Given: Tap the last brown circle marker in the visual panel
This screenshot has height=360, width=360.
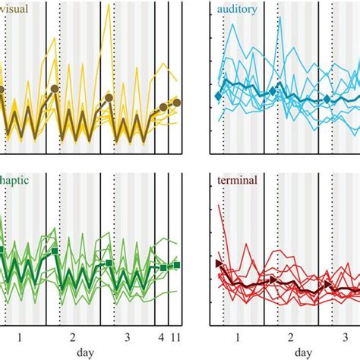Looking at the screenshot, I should [x=176, y=103].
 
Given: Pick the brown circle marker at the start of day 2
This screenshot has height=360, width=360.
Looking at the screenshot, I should [x=55, y=89].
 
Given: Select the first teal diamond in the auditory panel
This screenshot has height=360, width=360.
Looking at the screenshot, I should [x=218, y=96].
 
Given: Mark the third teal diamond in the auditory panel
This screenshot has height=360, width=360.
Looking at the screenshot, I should [x=328, y=99].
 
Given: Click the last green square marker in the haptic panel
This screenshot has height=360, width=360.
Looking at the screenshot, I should [x=176, y=265].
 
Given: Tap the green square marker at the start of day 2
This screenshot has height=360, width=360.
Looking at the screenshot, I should [x=55, y=250].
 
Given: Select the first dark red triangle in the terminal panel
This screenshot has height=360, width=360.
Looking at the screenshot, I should [x=219, y=263].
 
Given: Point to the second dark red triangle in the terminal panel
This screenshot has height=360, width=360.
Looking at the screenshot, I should [x=274, y=279].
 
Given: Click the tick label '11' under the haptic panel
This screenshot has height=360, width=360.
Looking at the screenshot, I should [x=176, y=336].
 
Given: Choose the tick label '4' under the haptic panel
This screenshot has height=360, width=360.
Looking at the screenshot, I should [x=160, y=336].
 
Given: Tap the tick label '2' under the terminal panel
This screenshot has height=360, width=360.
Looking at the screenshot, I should [x=290, y=336].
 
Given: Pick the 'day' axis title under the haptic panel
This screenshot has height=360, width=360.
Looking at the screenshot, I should [x=86, y=353].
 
